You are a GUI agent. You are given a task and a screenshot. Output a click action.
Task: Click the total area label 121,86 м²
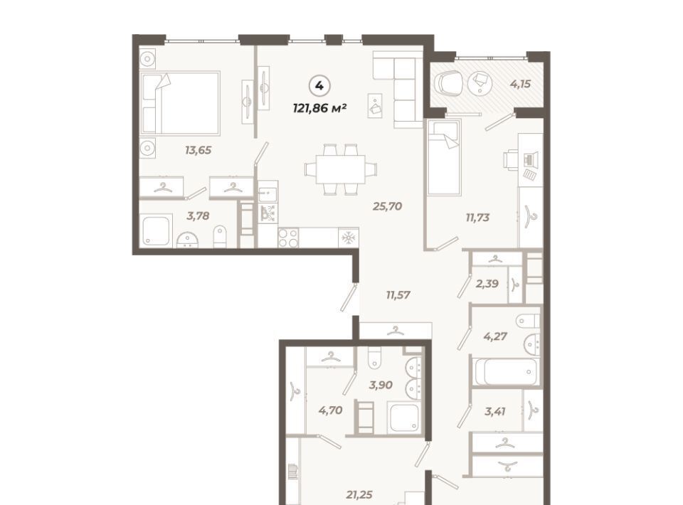(319, 108)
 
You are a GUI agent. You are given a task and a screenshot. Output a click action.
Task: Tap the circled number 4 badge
(319, 86)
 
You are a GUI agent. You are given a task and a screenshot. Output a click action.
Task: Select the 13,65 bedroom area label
(198, 151)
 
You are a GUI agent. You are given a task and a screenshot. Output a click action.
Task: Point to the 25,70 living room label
(387, 206)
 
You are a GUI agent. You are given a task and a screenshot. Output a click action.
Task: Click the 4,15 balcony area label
(521, 84)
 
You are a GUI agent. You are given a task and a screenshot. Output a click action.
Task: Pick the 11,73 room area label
(477, 218)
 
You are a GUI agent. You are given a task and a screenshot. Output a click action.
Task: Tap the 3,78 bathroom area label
(198, 216)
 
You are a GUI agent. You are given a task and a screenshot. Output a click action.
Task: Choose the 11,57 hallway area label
(398, 295)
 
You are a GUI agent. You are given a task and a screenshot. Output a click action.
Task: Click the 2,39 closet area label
(487, 284)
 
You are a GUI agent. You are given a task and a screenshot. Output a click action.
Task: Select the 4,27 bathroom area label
(495, 336)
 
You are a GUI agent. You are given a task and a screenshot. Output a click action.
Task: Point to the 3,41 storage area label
(495, 411)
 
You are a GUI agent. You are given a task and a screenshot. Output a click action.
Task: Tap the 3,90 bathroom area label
(380, 385)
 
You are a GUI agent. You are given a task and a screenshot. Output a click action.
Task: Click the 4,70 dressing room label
(330, 410)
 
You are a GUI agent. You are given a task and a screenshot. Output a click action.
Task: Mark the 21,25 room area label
(359, 494)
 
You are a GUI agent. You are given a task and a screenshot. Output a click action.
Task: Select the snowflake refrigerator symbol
(348, 238)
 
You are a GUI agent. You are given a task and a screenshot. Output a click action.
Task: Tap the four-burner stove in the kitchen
(288, 238)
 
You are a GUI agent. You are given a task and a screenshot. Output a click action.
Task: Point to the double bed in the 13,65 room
(180, 102)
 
